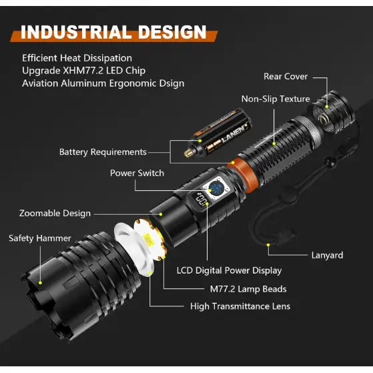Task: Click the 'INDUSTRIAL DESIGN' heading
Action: click(113, 31)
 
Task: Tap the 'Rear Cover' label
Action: click(286, 77)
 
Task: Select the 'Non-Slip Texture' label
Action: click(276, 99)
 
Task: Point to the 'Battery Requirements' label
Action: click(103, 152)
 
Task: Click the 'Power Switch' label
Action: click(137, 173)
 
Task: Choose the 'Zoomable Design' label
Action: click(55, 214)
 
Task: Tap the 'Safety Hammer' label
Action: click(39, 238)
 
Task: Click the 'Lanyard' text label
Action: click(327, 255)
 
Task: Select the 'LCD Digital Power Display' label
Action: click(229, 270)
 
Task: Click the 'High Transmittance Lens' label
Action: click(240, 306)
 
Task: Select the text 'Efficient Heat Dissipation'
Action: click(77, 58)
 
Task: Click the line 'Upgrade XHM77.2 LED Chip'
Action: click(83, 71)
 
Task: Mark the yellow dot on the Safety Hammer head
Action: click(41, 283)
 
